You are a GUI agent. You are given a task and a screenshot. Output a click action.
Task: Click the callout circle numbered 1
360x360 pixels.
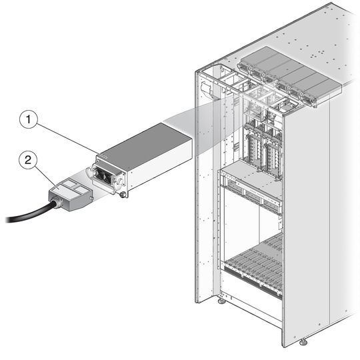tap(28, 119)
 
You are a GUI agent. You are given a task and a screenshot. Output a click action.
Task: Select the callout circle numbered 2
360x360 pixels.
tap(28, 159)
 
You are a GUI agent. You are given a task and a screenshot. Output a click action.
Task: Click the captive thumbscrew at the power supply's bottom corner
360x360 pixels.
tap(122, 195)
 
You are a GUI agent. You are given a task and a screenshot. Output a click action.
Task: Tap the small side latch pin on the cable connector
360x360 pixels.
tap(91, 198)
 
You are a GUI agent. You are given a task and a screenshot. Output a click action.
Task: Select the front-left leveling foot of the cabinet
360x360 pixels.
tap(221, 300)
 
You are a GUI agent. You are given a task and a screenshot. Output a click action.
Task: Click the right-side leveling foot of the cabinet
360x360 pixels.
tap(303, 342)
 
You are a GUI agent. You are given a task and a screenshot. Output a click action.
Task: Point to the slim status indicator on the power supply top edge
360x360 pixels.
tap(102, 156)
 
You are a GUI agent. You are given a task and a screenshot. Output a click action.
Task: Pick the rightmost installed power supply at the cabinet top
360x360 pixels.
tap(321, 91)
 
